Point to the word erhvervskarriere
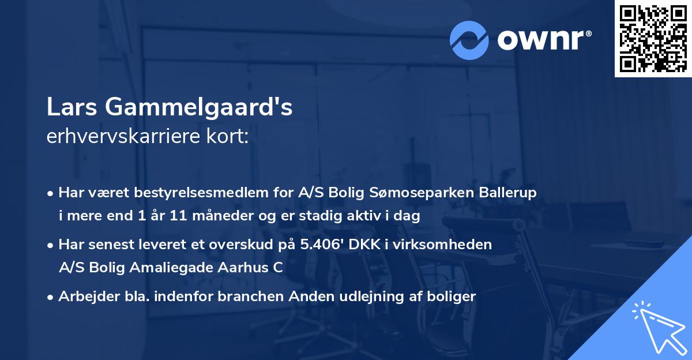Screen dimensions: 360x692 click(121, 137)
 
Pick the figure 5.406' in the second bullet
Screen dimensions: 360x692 click(318, 245)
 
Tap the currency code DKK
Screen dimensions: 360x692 click(364, 245)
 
